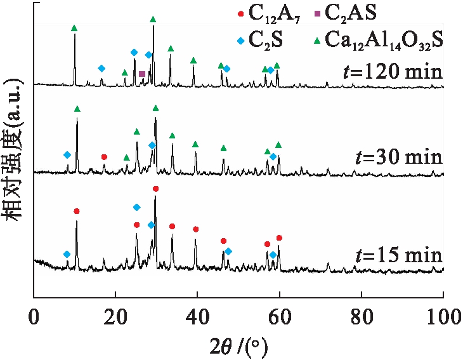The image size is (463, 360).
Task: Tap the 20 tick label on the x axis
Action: pyautogui.click(x=116, y=314)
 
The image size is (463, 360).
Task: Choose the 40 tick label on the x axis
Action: pyautogui.click(x=198, y=314)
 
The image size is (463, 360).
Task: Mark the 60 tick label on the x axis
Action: pyautogui.click(x=280, y=314)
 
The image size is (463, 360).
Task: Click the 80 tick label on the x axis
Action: pyautogui.click(x=362, y=314)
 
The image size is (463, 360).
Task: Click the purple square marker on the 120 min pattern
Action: pyautogui.click(x=142, y=74)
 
